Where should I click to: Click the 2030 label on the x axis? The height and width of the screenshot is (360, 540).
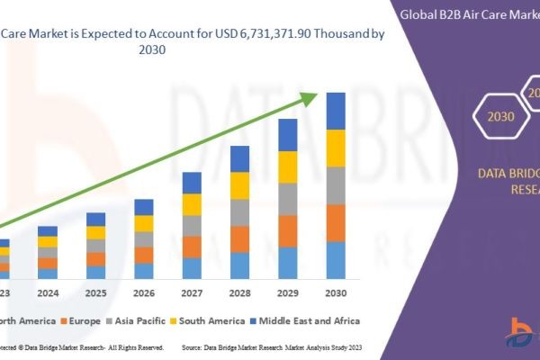click(x=336, y=293)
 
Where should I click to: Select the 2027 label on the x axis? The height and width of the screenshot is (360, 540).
click(x=192, y=293)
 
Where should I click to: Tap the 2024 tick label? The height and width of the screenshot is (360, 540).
click(x=48, y=293)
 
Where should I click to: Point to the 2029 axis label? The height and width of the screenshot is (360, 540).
click(x=287, y=293)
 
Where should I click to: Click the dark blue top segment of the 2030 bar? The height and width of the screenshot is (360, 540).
click(x=336, y=111)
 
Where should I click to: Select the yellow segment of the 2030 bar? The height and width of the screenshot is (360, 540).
click(x=336, y=148)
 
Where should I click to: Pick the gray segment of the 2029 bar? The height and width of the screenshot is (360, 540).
click(x=287, y=199)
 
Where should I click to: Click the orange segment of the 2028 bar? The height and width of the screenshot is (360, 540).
click(x=239, y=238)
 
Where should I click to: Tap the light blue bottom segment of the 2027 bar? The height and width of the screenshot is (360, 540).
click(x=192, y=268)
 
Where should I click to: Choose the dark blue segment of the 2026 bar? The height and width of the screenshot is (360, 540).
click(x=144, y=207)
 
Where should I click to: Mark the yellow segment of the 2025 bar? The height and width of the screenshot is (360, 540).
click(x=95, y=232)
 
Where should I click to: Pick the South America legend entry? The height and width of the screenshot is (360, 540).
click(x=209, y=320)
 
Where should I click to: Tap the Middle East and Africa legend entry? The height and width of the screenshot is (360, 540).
click(x=308, y=320)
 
